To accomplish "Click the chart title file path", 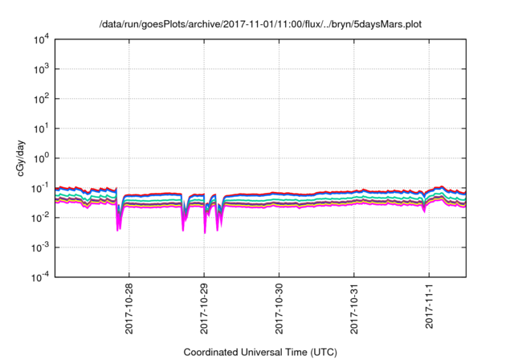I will pyautogui.click(x=259, y=24).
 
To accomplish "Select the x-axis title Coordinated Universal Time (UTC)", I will pyautogui.click(x=259, y=352).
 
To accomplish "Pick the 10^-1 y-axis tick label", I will pyautogui.click(x=40, y=188).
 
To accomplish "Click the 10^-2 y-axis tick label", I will pyautogui.click(x=40, y=218).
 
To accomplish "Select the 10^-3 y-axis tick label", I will pyautogui.click(x=40, y=247).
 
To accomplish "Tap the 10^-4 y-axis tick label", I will pyautogui.click(x=40, y=277).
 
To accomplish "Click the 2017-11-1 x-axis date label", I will pyautogui.click(x=430, y=306).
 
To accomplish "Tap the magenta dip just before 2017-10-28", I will pyautogui.click(x=118, y=227).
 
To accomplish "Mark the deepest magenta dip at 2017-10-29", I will pyautogui.click(x=204, y=231).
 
